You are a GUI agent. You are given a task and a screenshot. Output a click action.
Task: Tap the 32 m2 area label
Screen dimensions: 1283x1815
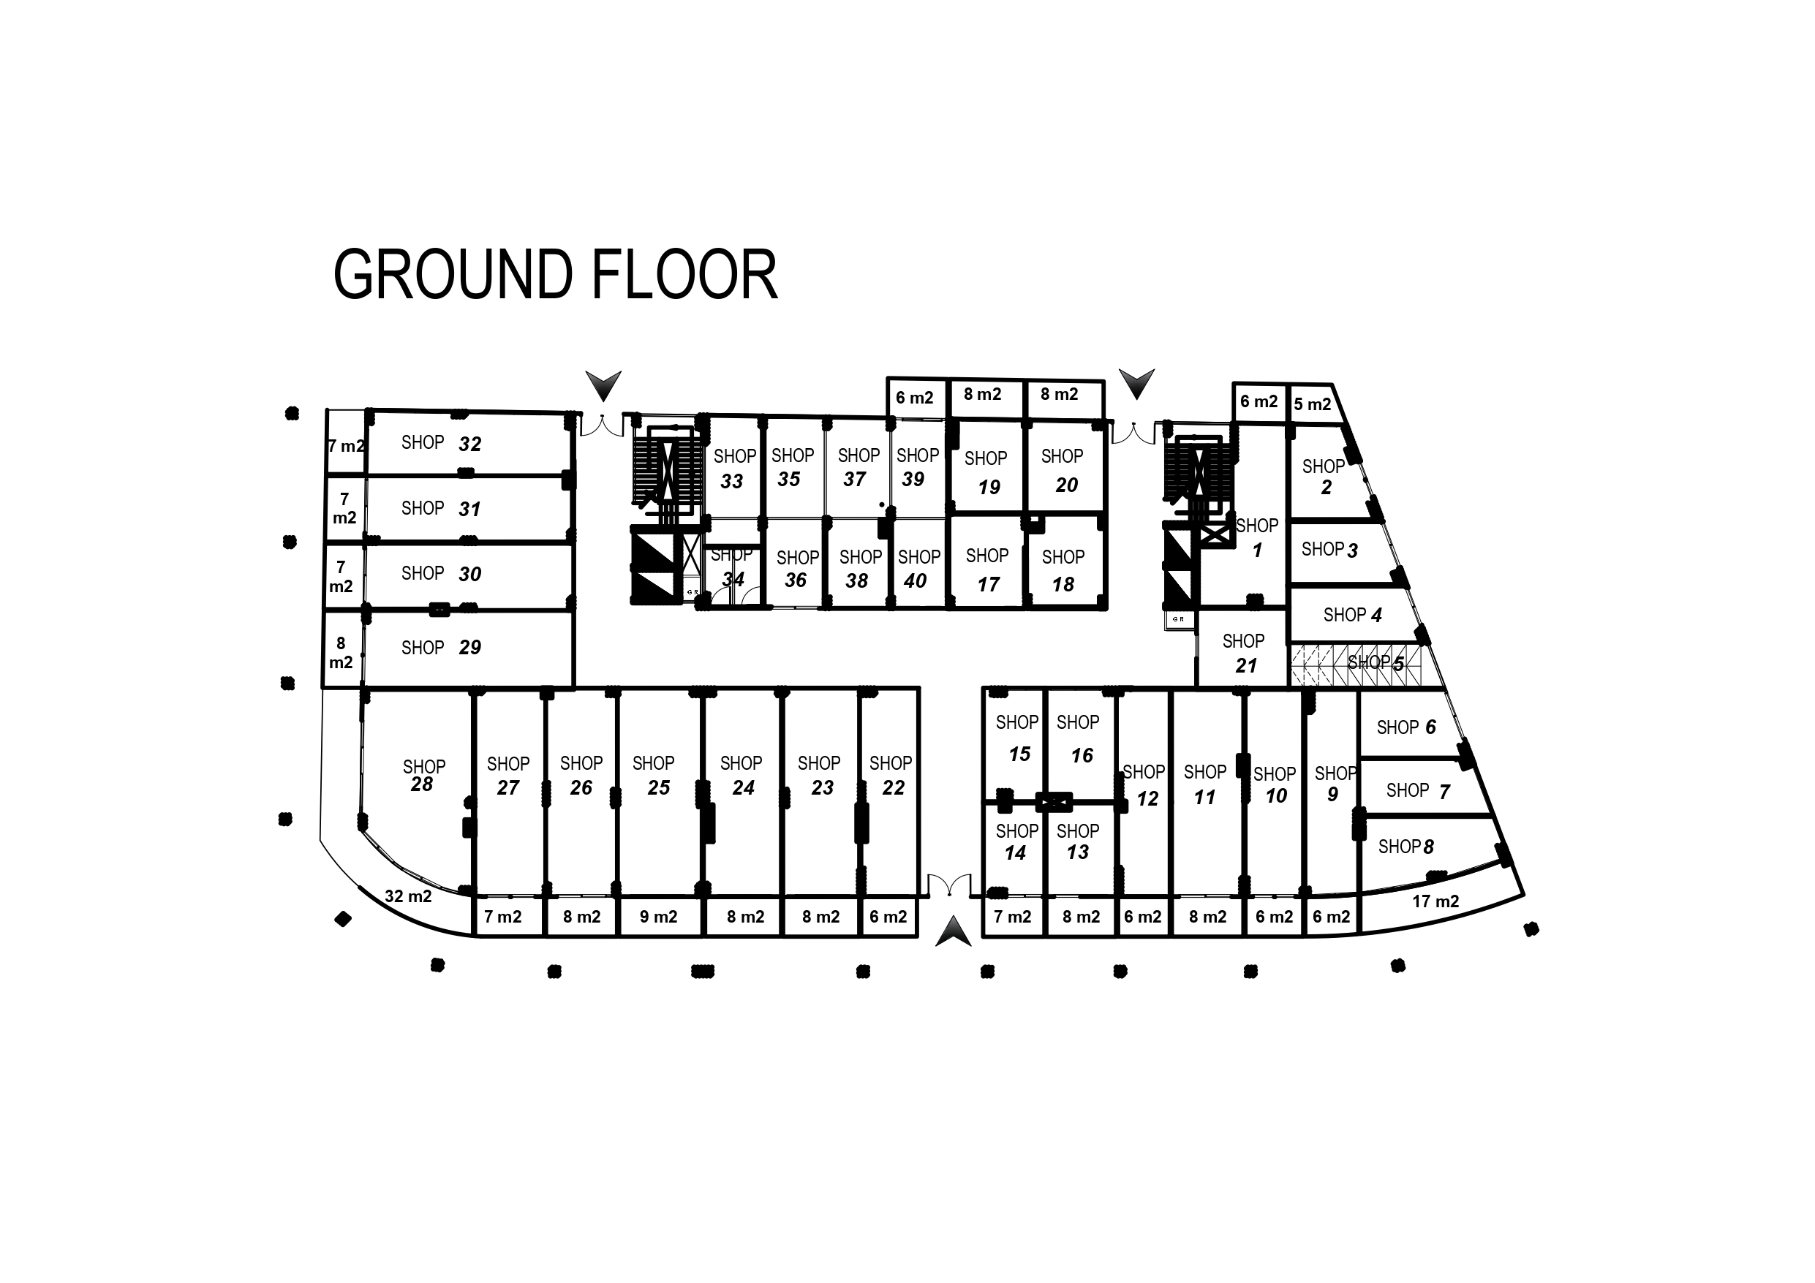point(408,896)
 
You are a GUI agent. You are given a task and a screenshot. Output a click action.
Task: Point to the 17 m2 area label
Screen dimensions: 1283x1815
point(1435,901)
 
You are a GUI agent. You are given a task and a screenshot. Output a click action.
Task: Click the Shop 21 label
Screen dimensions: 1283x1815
point(1243,653)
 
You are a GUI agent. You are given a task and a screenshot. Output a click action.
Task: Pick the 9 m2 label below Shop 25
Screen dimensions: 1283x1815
point(658,917)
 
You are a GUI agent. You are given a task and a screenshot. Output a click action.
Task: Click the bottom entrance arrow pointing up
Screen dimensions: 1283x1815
point(953,932)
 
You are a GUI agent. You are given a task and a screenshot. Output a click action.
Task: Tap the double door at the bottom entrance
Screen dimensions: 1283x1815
point(949,885)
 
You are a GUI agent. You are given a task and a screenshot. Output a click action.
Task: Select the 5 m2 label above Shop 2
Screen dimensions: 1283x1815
point(1312,405)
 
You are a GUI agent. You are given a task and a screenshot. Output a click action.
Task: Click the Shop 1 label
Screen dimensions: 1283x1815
point(1257,537)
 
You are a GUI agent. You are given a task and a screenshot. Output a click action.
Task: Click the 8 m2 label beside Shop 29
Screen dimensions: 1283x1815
point(341,653)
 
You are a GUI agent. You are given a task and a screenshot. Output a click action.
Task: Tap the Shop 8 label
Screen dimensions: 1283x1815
point(1405,847)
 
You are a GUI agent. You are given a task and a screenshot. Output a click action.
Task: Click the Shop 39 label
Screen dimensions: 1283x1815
point(917,467)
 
